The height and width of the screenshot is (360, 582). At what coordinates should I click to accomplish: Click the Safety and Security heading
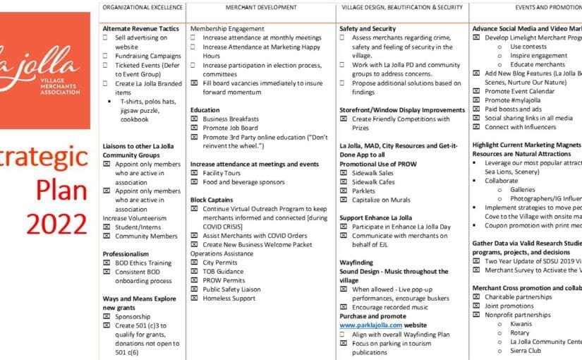367,29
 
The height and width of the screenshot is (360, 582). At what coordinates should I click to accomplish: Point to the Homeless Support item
230,298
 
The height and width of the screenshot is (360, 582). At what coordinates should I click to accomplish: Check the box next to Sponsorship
107,317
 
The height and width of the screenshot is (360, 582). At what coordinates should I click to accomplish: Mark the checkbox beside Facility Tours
194,172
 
